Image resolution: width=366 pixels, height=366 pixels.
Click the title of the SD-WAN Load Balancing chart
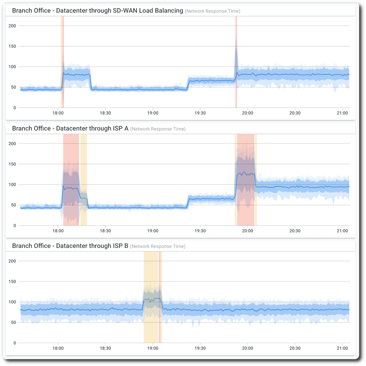[98, 11]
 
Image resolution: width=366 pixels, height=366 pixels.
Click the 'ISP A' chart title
[70, 129]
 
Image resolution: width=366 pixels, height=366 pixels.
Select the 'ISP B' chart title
[70, 246]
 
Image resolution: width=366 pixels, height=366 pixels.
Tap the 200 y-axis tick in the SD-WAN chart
[12, 26]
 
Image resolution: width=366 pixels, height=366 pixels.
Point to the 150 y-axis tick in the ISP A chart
[12, 164]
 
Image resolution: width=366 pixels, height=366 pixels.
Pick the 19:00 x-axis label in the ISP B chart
[153, 348]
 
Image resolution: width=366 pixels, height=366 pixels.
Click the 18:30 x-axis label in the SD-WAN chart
[105, 113]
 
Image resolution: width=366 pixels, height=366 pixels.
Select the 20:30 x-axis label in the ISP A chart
[295, 231]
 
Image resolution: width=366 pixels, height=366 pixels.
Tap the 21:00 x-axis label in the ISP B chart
[342, 348]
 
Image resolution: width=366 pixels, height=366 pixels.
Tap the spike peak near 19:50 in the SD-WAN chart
[236, 48]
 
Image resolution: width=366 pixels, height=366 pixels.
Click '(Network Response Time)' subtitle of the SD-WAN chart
[212, 11]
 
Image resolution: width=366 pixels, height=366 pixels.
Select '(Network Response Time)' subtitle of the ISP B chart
[158, 246]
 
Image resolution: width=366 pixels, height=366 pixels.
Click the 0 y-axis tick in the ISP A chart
[15, 226]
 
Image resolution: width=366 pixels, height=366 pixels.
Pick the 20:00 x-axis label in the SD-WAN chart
[248, 113]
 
